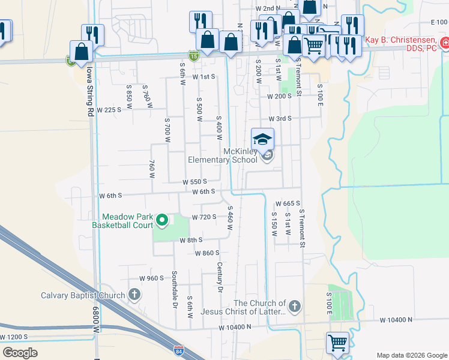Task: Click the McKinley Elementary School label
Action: pos(223,156)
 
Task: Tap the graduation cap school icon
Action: pos(262,140)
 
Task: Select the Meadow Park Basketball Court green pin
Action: pos(161,221)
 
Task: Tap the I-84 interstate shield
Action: pos(178,349)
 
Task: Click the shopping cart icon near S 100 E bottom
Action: pos(337,343)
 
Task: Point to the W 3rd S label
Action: pos(280,119)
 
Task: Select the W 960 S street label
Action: pos(151,278)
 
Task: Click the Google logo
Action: pos(20,352)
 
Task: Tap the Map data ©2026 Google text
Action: pos(411,355)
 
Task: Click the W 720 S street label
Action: pos(203,217)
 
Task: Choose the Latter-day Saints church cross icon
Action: pos(294,307)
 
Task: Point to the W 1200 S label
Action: pos(14,337)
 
